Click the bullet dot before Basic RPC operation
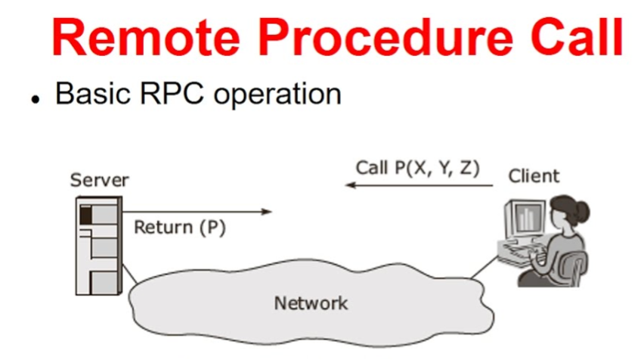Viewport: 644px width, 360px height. click(35, 99)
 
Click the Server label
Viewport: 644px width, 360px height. click(99, 180)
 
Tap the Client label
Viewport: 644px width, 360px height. click(534, 176)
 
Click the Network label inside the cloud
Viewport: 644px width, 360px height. click(311, 304)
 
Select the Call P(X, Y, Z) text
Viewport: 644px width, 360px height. click(417, 168)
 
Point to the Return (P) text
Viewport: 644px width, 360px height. click(180, 227)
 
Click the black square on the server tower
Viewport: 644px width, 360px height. click(85, 216)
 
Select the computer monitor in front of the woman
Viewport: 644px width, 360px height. click(525, 220)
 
